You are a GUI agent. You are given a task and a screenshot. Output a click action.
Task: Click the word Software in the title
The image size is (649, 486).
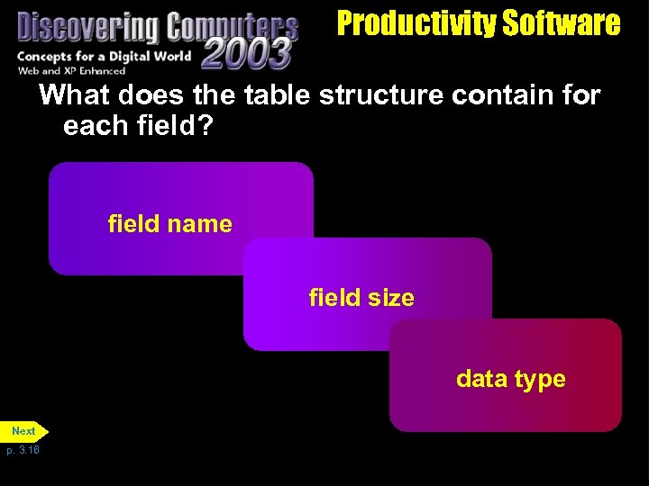(x=562, y=23)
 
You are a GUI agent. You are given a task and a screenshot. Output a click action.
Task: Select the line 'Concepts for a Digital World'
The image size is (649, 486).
(x=104, y=57)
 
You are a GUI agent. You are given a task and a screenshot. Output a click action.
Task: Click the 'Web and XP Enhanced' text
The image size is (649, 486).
(x=71, y=70)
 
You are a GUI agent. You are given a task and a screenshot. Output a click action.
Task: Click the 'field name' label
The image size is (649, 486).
(x=169, y=223)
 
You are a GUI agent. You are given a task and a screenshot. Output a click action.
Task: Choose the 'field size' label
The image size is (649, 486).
(x=361, y=297)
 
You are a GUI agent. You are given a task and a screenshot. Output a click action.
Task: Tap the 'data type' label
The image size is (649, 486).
(x=510, y=379)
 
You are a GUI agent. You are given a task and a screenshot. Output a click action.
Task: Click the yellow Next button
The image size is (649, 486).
(x=24, y=431)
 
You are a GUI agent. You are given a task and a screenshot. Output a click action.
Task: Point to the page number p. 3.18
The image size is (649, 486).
(x=23, y=449)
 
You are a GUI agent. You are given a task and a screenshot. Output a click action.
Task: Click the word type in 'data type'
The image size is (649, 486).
(x=541, y=380)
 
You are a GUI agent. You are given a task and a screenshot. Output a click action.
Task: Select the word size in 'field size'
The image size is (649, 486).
(x=392, y=298)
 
